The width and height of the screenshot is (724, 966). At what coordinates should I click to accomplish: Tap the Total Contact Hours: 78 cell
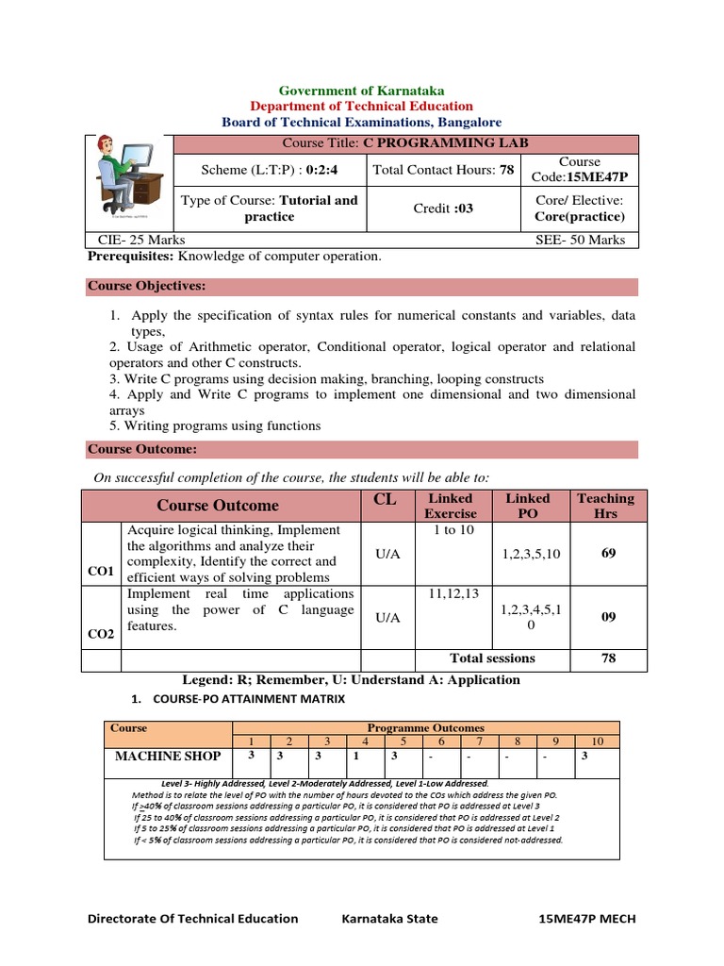click(x=443, y=170)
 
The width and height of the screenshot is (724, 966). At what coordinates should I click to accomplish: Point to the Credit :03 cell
click(x=443, y=208)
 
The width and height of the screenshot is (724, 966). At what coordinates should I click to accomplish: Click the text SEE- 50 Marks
click(x=580, y=240)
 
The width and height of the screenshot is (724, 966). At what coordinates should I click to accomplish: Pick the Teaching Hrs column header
click(x=606, y=506)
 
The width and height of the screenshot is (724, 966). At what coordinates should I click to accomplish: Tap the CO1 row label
click(x=101, y=571)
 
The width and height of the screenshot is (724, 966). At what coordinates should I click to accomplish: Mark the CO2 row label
click(x=101, y=634)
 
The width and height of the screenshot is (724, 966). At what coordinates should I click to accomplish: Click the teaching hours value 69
click(x=608, y=553)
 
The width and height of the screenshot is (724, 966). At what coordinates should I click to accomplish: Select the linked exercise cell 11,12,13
click(x=453, y=593)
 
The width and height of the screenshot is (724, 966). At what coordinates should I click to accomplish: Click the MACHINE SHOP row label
click(x=168, y=756)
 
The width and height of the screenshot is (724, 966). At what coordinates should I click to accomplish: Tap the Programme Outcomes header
click(x=425, y=728)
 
